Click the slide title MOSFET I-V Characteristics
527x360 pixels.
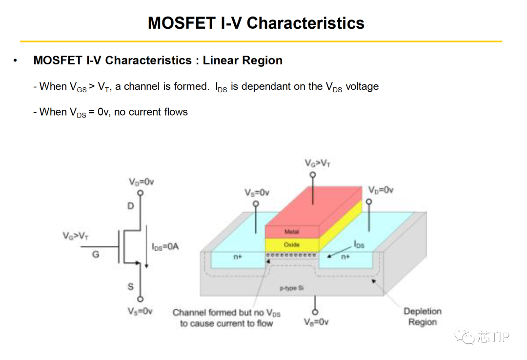(256, 23)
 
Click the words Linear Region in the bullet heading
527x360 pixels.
(243, 60)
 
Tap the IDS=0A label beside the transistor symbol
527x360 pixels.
(165, 247)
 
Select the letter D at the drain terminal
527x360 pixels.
(131, 206)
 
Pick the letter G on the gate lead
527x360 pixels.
(96, 254)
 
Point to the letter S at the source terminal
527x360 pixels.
(131, 286)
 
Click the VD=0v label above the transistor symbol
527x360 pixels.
(142, 181)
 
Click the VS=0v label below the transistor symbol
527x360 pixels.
(141, 311)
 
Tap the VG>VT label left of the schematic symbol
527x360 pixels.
(76, 236)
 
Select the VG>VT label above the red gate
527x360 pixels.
(317, 163)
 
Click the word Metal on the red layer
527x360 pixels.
(291, 232)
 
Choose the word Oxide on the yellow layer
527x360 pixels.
(291, 244)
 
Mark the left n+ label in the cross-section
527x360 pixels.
(238, 257)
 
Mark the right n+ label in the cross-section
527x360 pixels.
(345, 257)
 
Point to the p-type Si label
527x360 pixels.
(292, 288)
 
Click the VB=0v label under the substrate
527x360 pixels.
(316, 322)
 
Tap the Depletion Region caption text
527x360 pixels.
(422, 317)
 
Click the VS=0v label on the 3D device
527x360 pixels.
(257, 193)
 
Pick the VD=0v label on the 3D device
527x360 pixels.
(381, 190)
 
